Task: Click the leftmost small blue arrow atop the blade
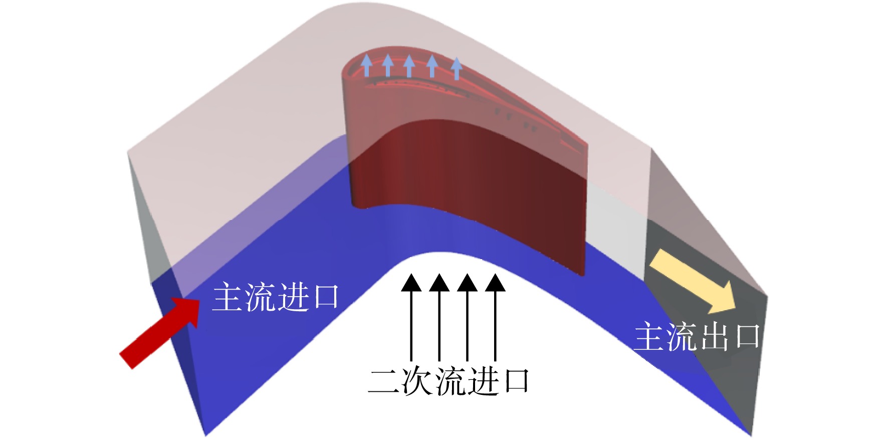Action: [367, 65]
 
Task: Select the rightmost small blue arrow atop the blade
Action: [456, 69]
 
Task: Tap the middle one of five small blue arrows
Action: [409, 66]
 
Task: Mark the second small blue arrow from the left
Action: [387, 65]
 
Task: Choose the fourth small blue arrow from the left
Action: [432, 66]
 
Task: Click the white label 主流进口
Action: [276, 297]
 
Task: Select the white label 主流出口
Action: [697, 336]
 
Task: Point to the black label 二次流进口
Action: [449, 381]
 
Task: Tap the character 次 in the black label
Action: [417, 381]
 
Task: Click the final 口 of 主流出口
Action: [747, 337]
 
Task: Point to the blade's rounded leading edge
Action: [350, 135]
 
